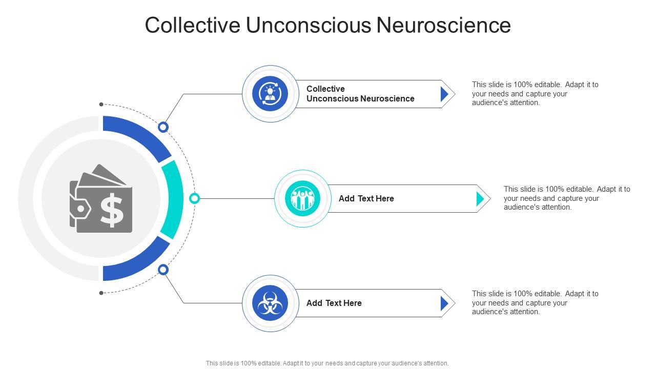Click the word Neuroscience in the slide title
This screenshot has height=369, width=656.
[444, 25]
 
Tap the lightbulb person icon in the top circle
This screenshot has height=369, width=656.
[270, 94]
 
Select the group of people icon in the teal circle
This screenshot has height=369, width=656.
[302, 198]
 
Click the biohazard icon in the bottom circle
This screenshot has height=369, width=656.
[270, 303]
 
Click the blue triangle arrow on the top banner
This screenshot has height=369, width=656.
[444, 94]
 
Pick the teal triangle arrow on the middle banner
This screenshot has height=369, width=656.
[480, 198]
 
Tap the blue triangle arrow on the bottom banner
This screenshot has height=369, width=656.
[444, 303]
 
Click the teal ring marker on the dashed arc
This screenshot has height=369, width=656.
[194, 198]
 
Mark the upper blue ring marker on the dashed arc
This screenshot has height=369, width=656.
[163, 127]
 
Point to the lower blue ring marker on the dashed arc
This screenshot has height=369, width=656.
[163, 269]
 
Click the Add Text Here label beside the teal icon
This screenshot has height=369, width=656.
[366, 198]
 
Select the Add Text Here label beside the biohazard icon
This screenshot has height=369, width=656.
[334, 303]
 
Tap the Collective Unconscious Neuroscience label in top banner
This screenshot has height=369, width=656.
[360, 94]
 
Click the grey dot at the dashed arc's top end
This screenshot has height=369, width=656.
[101, 105]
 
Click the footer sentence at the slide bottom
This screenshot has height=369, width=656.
[327, 363]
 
